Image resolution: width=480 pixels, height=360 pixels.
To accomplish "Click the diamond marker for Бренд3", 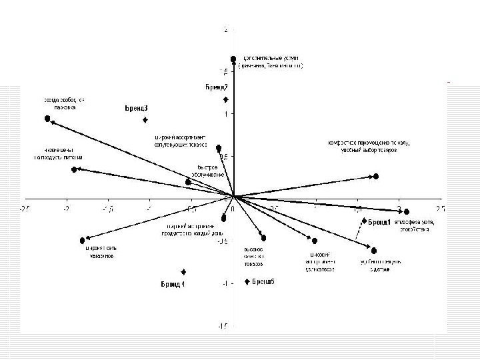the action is click(145, 120).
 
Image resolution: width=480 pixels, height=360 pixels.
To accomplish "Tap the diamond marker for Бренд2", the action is click(226, 100).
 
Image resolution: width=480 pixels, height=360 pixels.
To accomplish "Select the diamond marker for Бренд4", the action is click(183, 272).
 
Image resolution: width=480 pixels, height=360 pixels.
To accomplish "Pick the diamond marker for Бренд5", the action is click(247, 281).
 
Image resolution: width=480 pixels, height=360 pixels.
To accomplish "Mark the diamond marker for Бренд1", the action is click(364, 220).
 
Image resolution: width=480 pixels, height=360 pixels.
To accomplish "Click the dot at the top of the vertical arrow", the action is click(233, 59).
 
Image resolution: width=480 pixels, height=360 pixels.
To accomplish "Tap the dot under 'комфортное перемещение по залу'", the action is click(376, 176).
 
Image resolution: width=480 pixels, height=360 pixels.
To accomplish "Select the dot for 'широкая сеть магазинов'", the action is click(82, 241).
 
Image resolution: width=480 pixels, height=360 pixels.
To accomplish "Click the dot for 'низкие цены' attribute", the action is click(74, 169).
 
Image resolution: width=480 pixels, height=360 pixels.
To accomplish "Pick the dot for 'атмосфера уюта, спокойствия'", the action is click(407, 211).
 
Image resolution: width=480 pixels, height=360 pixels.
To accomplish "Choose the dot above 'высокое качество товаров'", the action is click(263, 238).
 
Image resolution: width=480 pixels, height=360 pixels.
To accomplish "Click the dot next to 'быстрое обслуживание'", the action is click(188, 181).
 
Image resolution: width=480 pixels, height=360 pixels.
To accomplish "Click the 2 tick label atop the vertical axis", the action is click(226, 30).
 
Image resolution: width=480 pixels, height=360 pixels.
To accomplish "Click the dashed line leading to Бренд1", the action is click(361, 229).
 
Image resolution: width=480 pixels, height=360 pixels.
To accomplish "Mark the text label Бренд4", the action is click(173, 285).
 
